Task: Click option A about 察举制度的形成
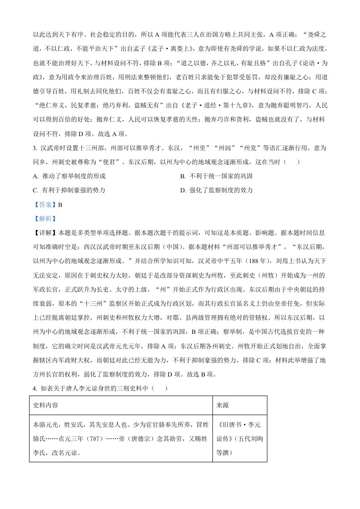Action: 73,176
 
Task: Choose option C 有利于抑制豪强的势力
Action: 73,191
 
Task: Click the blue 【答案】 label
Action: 45,205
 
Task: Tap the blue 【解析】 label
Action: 45,219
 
